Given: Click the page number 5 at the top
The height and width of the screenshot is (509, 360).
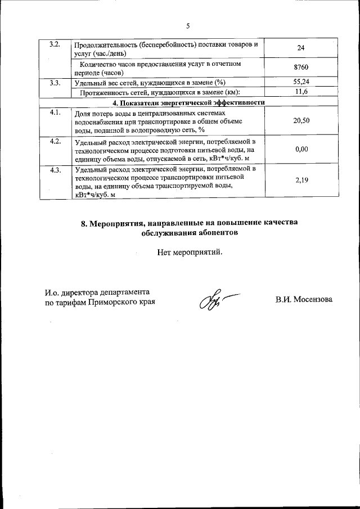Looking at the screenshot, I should [x=188, y=25].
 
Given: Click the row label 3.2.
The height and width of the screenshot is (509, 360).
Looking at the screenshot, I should [x=55, y=44].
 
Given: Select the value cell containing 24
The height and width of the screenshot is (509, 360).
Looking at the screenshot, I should [x=300, y=49].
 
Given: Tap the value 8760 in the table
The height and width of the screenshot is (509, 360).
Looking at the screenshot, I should [x=301, y=68].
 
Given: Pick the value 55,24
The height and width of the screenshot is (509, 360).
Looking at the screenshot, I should [x=301, y=83].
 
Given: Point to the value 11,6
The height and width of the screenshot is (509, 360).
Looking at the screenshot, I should [x=301, y=92].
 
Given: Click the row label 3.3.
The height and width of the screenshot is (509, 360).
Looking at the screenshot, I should [x=55, y=83].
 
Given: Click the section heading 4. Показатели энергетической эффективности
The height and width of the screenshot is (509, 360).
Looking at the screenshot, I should [x=188, y=102].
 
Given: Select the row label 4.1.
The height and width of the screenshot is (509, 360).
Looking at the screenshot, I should [x=55, y=112].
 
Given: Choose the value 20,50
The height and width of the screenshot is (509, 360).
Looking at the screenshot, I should [x=301, y=121].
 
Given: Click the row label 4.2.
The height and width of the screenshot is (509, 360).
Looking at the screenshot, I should [x=55, y=141].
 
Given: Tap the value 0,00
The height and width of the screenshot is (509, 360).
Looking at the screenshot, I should [x=301, y=150].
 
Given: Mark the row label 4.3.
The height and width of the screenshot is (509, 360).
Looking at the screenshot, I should [x=55, y=169].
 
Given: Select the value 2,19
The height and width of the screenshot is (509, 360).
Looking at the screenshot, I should [x=301, y=181].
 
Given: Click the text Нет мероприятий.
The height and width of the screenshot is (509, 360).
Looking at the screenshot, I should [x=190, y=252].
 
